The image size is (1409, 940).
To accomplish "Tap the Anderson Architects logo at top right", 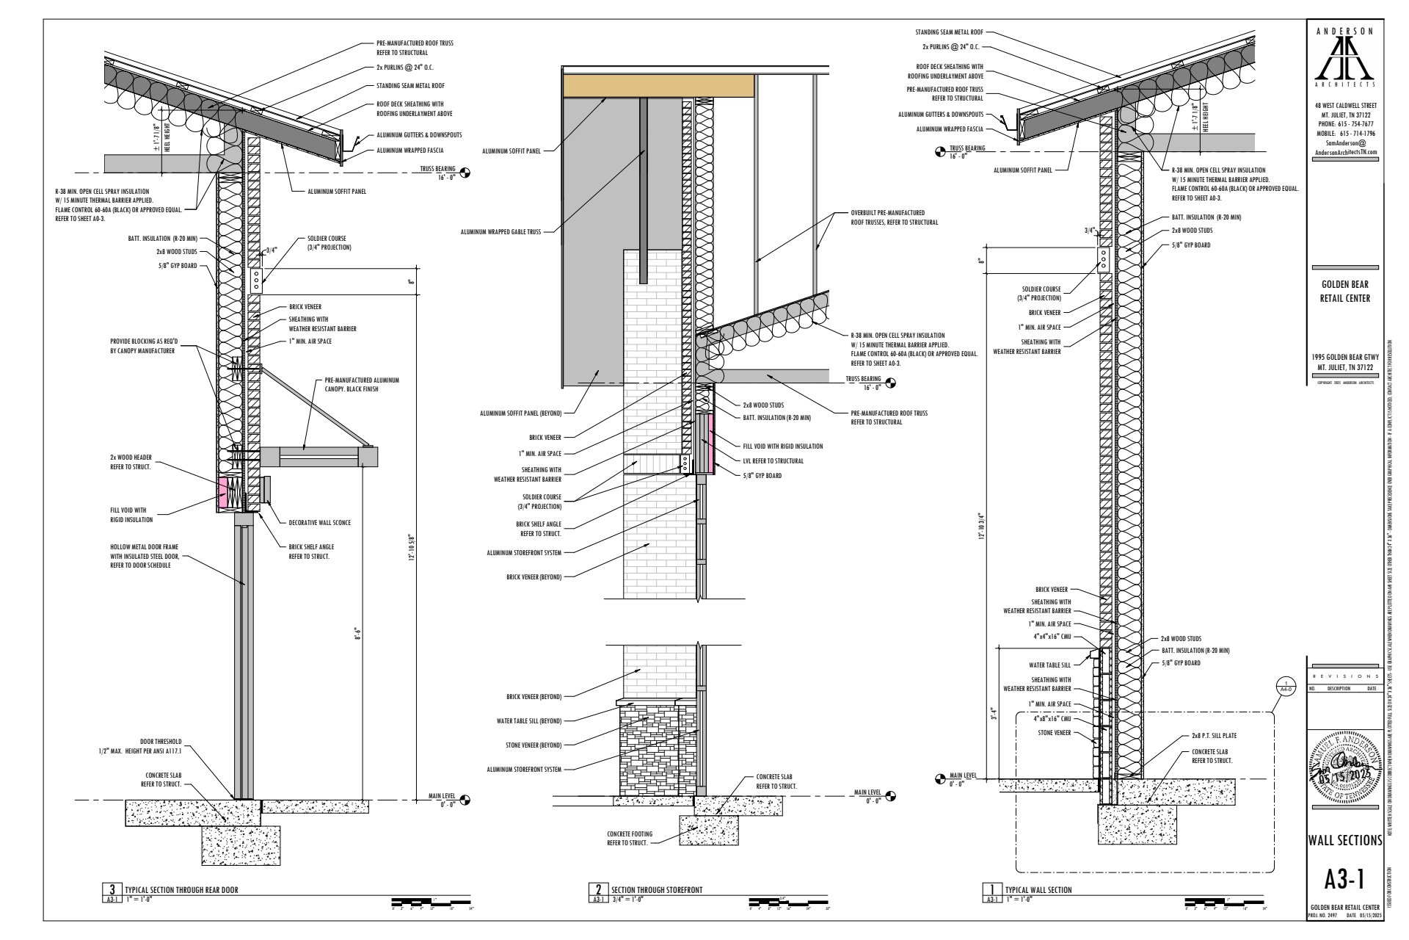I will click(x=1345, y=59).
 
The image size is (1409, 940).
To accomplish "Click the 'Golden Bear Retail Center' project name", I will click(x=1345, y=291).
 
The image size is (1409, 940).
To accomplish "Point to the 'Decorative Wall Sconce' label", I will click(x=319, y=523).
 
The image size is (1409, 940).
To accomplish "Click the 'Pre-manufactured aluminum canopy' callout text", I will click(x=361, y=385).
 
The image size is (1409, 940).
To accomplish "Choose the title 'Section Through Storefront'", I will click(x=656, y=889).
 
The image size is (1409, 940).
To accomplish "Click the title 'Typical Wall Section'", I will click(x=1038, y=889).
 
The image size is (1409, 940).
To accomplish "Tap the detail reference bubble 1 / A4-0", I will click(x=1285, y=686).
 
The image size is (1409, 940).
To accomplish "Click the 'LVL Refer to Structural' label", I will click(x=773, y=461).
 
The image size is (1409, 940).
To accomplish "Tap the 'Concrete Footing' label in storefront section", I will click(x=627, y=839).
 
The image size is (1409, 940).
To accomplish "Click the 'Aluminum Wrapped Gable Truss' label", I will click(x=500, y=231).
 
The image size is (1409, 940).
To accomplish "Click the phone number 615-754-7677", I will click(x=1345, y=124).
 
